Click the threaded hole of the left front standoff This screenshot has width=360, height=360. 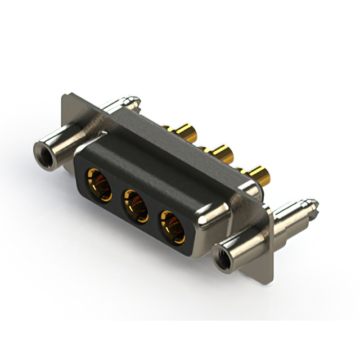pyautogui.click(x=42, y=151)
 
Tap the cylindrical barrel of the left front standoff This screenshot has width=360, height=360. pyautogui.click(x=62, y=141)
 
